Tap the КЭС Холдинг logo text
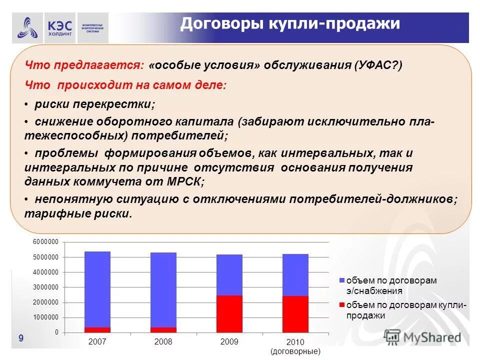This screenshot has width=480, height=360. (x=60, y=28)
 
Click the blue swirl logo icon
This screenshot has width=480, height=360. (x=27, y=28)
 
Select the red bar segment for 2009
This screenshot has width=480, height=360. (x=229, y=313)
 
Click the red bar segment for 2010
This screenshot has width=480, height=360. (x=295, y=314)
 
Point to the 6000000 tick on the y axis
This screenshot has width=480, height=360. (x=46, y=242)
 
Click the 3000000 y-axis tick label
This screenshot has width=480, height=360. (x=46, y=287)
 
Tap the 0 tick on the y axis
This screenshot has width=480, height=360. (x=56, y=332)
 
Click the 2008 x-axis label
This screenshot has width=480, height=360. (x=163, y=342)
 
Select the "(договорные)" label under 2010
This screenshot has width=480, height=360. (x=295, y=351)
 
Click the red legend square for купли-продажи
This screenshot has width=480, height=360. (x=341, y=304)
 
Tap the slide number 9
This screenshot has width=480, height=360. (x=20, y=338)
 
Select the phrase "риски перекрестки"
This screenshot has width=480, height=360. (x=95, y=104)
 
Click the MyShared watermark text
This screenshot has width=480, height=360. (x=432, y=337)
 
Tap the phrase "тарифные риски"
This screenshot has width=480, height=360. (x=78, y=213)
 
